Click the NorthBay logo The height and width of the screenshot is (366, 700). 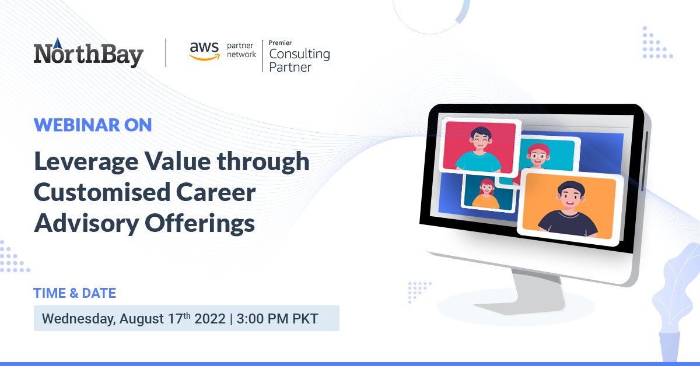tap(89, 54)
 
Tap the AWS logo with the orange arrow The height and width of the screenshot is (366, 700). tap(204, 51)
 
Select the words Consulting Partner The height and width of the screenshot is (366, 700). tap(299, 61)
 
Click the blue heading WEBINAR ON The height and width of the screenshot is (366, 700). tap(93, 125)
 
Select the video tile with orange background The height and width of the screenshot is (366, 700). tap(569, 207)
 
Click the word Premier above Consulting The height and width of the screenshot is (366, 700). tap(280, 43)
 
